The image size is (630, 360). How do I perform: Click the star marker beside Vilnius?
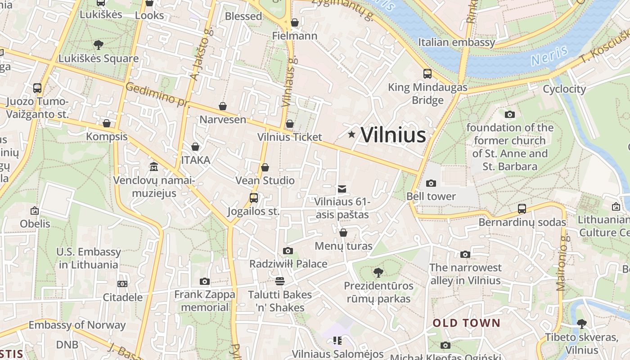[351, 135]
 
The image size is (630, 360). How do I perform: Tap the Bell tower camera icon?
[431, 183]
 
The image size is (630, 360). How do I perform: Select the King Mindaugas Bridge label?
[427, 94]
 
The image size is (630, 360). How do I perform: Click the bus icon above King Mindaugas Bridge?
[427, 73]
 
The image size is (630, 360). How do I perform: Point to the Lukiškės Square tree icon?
[99, 45]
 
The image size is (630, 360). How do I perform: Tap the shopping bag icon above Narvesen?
[223, 106]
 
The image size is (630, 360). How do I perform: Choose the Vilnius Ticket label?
[290, 137]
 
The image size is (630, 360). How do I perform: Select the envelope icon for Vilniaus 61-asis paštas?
[342, 189]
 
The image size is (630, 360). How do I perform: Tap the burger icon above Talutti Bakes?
[280, 281]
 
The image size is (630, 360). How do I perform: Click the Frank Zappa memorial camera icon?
[205, 282]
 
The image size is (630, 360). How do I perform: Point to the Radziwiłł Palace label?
[288, 264]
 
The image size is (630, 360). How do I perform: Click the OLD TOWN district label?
[466, 323]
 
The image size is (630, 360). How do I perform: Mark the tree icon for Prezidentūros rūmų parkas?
[378, 272]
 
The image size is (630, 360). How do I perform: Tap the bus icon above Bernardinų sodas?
[522, 209]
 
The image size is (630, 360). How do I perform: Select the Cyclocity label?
[564, 89]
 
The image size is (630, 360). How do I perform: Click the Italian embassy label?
[456, 42]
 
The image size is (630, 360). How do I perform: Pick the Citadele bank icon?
[122, 284]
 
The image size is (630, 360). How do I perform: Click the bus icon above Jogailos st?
[254, 198]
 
